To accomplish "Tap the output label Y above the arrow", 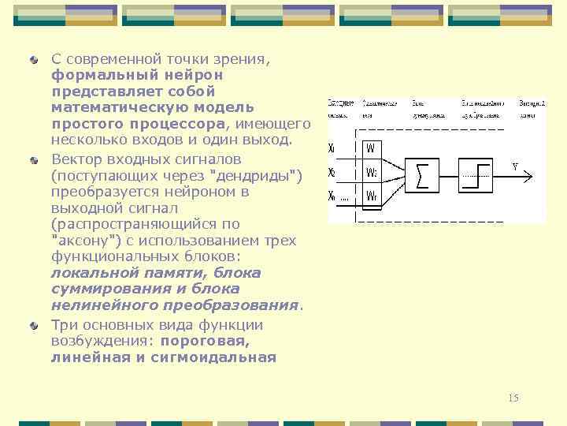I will click(x=514, y=166).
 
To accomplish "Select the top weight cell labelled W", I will click(x=371, y=148).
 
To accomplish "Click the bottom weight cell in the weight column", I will click(x=371, y=195).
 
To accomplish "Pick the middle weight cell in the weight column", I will click(x=371, y=171).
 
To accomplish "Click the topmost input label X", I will click(x=332, y=148).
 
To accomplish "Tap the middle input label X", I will click(x=332, y=171).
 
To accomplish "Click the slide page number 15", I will click(x=513, y=398).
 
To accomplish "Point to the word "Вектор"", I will click(x=76, y=157).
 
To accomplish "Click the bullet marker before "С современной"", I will click(x=35, y=59).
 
